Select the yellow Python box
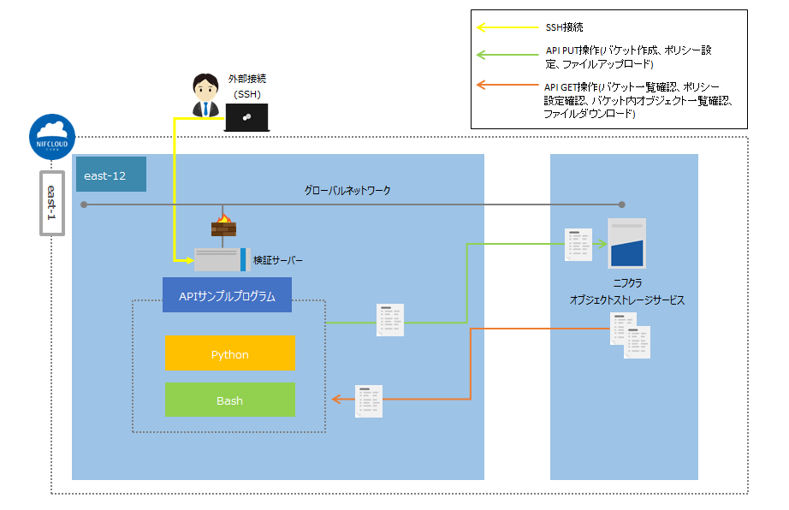point(230,353)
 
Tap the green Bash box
point(230,400)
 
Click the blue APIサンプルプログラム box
point(227,295)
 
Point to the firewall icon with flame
point(222,228)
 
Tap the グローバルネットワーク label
point(347,190)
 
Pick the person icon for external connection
point(204,96)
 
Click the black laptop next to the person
point(246,117)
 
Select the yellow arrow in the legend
point(506,28)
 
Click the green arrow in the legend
point(506,56)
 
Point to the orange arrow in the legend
point(506,86)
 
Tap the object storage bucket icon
point(626,243)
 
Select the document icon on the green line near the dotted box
point(390,320)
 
